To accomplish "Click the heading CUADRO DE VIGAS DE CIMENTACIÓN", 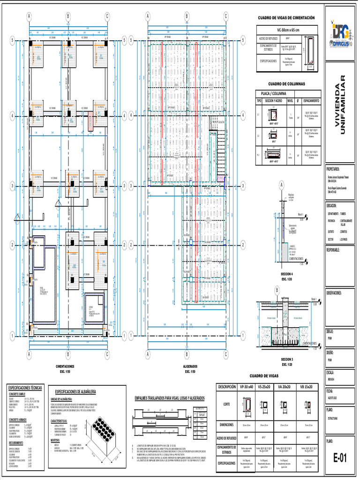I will point(286,18).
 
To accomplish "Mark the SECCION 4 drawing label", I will point(286,274).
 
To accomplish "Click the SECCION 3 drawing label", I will point(286,358).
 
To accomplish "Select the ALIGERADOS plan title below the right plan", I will point(190,367).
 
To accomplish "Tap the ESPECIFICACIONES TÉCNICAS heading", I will point(25,388).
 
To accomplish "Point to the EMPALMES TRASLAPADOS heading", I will point(169,398).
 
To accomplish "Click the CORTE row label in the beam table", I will point(227,404).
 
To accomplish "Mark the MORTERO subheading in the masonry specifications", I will point(56,441).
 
